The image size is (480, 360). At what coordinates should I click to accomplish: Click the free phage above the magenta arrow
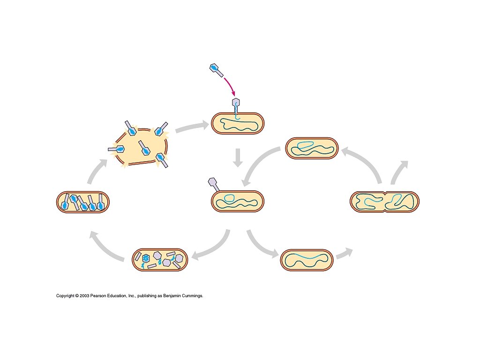point(215,70)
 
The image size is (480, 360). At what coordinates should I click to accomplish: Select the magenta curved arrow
point(230,86)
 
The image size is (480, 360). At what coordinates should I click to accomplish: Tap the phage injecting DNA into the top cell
point(237,105)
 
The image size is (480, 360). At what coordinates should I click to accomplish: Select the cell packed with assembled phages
point(82,202)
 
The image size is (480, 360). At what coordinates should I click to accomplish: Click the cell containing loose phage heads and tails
point(160,260)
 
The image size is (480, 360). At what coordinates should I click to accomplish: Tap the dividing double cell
point(384,202)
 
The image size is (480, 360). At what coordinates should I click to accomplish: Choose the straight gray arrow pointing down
point(238,158)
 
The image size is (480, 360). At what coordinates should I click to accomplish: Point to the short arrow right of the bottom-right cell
point(345,253)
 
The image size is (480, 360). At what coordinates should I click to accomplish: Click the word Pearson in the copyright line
point(99,296)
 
